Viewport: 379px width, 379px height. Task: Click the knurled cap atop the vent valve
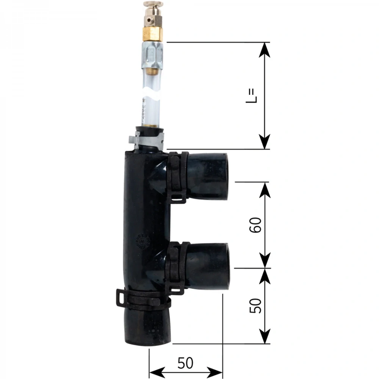(x=153, y=4)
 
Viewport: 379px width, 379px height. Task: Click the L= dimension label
(x=251, y=96)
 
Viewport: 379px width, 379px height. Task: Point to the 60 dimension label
(x=255, y=225)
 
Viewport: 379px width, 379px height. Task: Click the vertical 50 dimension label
(x=255, y=305)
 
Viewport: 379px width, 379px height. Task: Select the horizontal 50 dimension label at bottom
(x=185, y=363)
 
